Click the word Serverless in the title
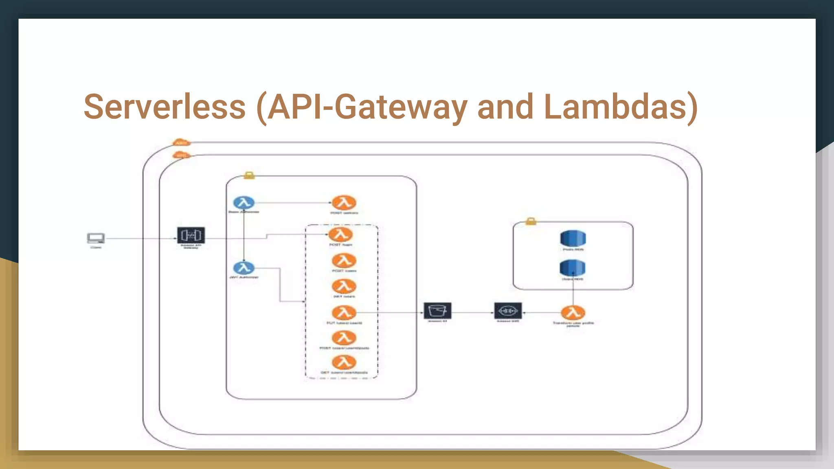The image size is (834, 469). click(165, 107)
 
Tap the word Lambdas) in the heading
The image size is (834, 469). click(621, 107)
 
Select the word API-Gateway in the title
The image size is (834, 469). click(367, 107)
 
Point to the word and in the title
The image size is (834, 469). click(505, 107)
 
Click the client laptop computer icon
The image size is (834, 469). click(96, 238)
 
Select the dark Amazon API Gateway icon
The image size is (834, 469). click(191, 235)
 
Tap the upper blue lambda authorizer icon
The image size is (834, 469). click(244, 202)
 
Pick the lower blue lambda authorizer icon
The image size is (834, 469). click(244, 268)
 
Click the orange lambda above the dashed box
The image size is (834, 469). click(344, 202)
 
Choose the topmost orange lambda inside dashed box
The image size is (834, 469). click(341, 234)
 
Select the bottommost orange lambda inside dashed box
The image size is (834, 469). click(344, 362)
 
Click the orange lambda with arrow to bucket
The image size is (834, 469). click(344, 313)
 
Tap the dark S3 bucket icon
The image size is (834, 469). click(437, 311)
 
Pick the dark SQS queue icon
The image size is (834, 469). click(508, 311)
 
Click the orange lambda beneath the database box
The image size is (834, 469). click(573, 313)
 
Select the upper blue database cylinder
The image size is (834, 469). click(573, 239)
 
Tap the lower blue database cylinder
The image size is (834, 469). click(573, 268)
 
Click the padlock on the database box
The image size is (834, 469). click(531, 221)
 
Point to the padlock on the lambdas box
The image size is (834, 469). click(249, 175)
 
